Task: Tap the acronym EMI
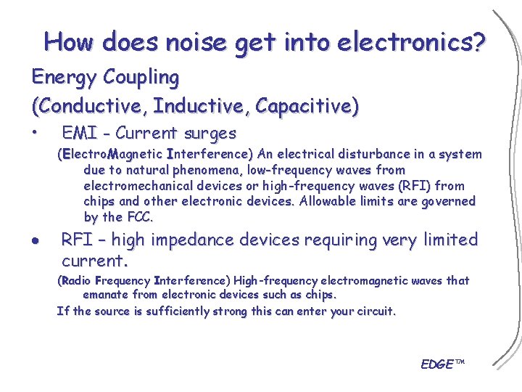point(80,134)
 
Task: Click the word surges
point(210,134)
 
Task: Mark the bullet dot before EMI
point(35,134)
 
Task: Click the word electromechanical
point(138,186)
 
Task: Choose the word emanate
point(107,295)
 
